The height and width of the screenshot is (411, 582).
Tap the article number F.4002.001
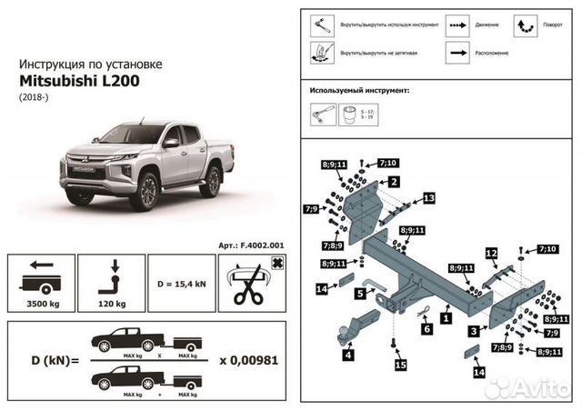tap(251, 245)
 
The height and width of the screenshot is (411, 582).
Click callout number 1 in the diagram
tap(445, 319)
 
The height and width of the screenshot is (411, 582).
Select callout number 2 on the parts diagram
tap(394, 182)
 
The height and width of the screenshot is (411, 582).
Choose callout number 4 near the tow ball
tap(347, 356)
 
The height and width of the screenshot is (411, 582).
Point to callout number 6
tap(425, 329)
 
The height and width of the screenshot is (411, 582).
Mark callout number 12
tap(490, 252)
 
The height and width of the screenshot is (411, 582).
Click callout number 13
tap(428, 197)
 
